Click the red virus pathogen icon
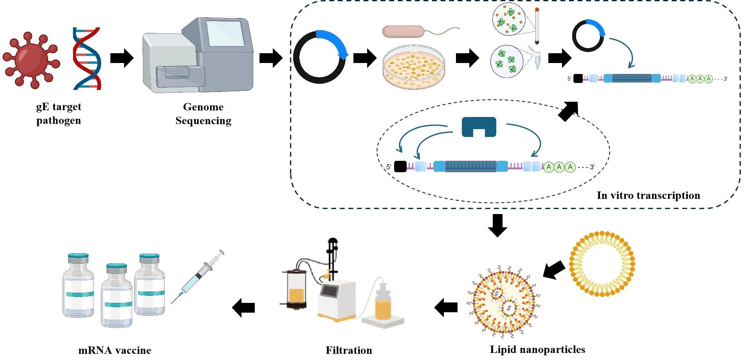tap(31, 60)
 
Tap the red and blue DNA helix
tap(87, 59)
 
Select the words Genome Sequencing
tap(203, 113)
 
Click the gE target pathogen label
tap(59, 113)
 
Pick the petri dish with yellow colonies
tap(414, 67)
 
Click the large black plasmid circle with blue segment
tap(319, 57)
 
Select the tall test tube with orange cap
tap(537, 25)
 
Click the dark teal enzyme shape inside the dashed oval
tap(479, 126)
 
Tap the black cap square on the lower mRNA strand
tap(400, 167)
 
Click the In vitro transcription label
tap(648, 195)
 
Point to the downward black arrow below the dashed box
tap(497, 225)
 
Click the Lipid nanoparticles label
tap(537, 349)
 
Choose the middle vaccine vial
tap(117, 295)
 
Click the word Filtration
tap(349, 350)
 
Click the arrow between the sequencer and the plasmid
tap(271, 58)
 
